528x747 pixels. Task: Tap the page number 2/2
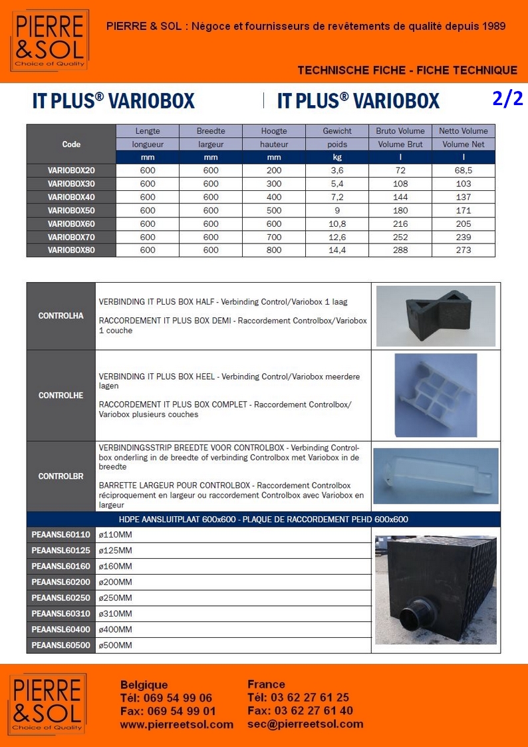point(507,98)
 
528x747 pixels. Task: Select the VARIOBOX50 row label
point(71,210)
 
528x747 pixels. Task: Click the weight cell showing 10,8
point(337,224)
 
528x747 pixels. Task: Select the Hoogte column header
point(274,131)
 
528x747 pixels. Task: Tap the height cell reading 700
point(274,237)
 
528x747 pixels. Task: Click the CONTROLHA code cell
point(61,316)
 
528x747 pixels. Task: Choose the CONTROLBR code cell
point(61,476)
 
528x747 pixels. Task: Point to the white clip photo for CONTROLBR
point(436,475)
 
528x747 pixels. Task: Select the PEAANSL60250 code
point(61,598)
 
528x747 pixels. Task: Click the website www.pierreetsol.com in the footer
point(176,724)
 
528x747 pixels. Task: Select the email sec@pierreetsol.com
point(305,724)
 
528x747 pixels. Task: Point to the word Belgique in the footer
point(144,684)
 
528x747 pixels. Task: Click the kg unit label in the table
point(337,158)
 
